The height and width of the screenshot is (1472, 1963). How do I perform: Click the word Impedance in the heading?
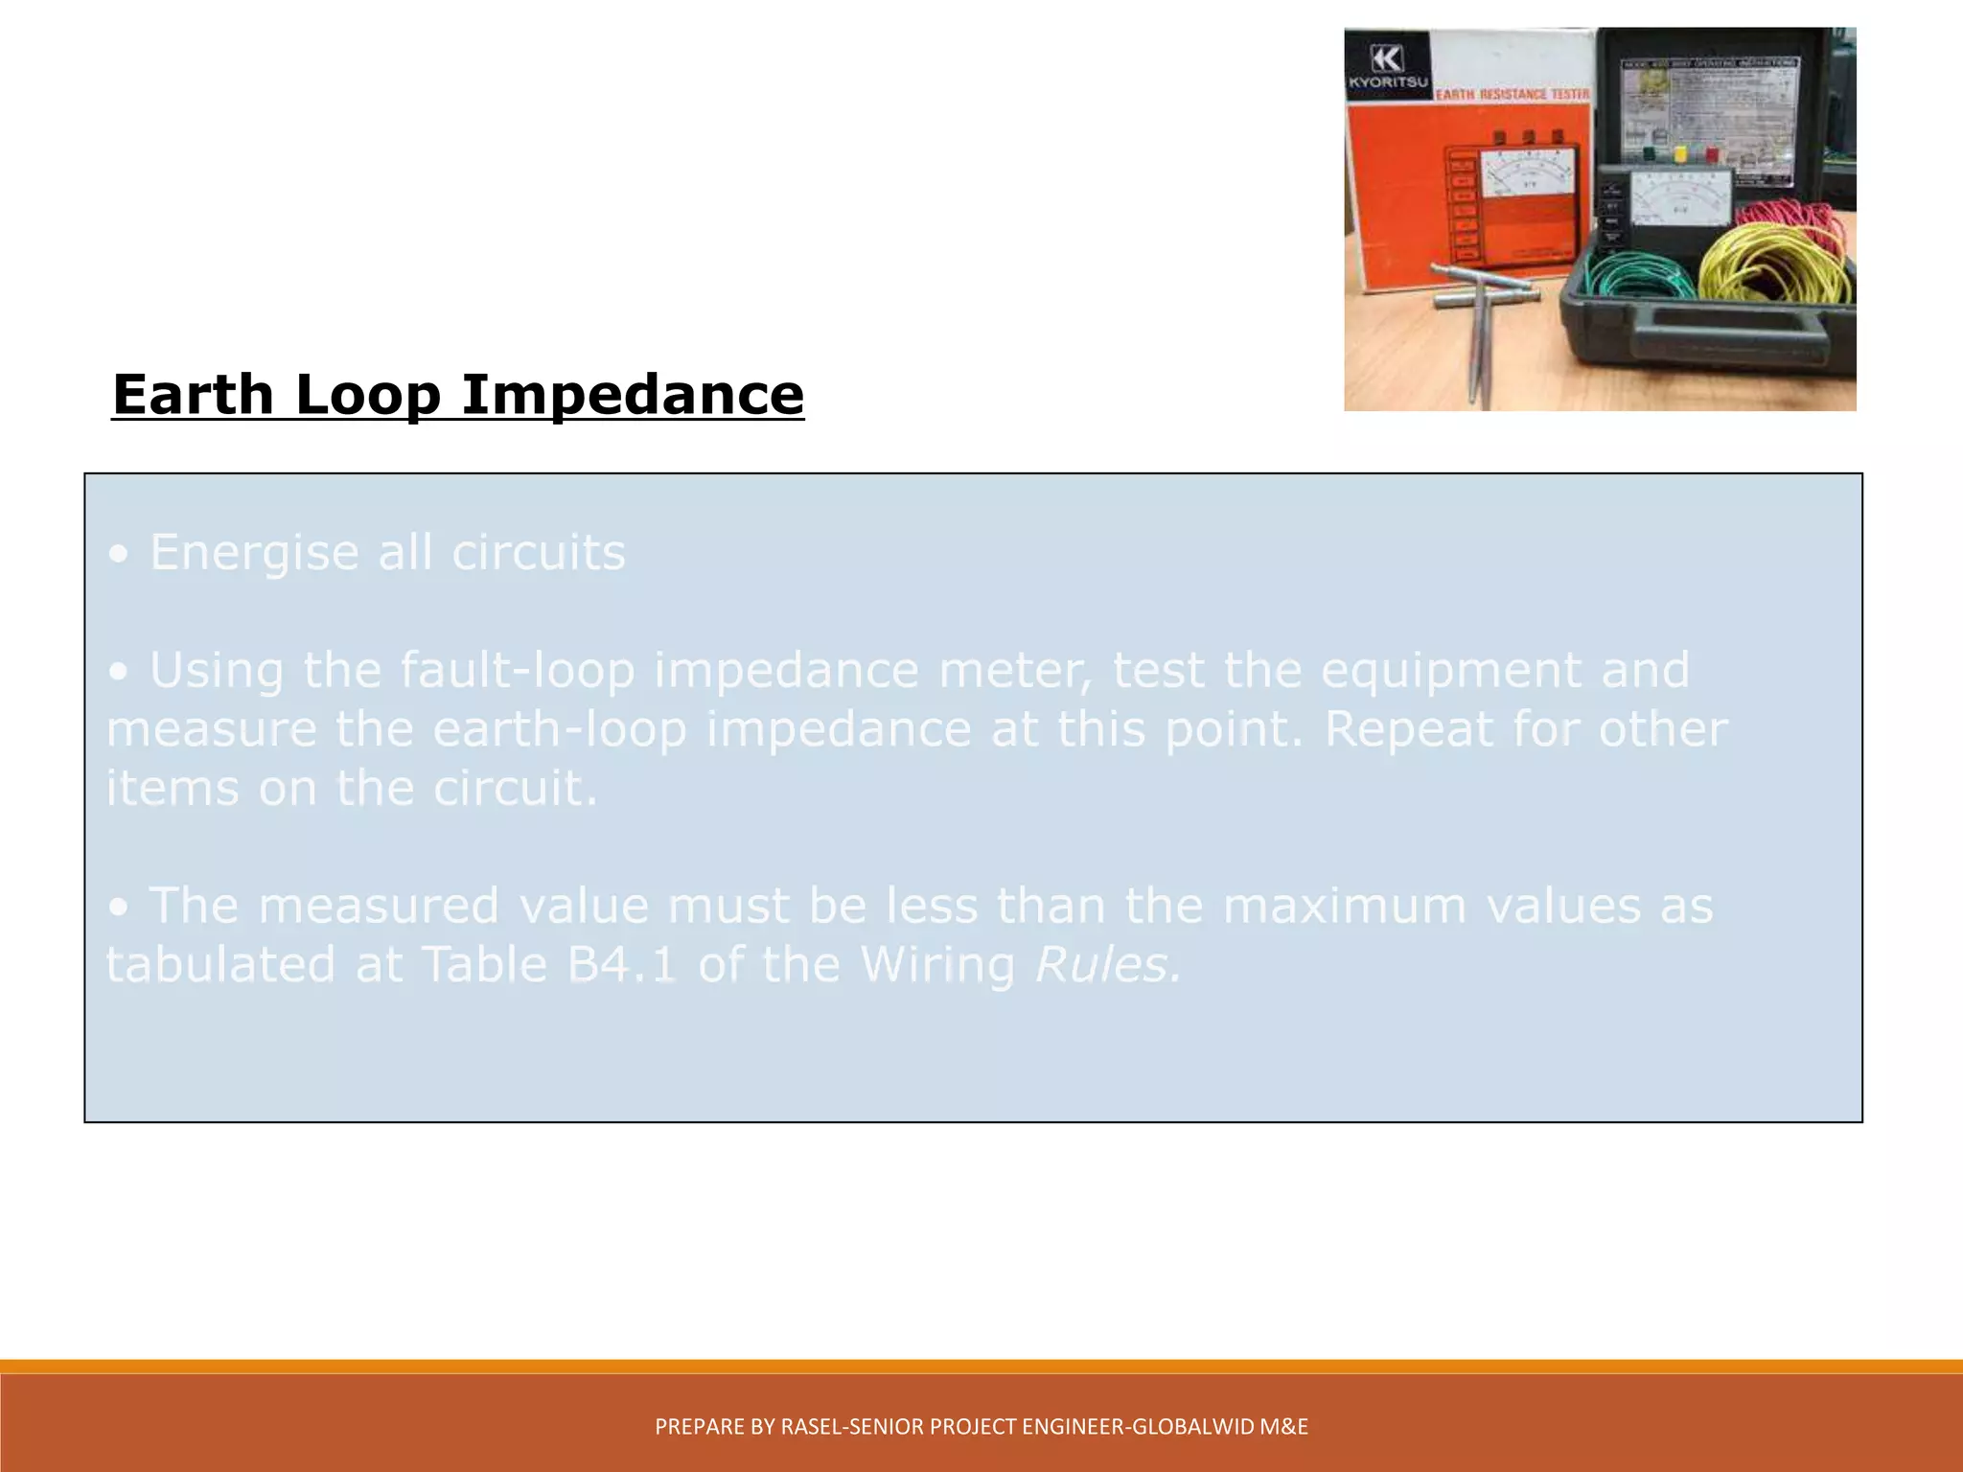633,395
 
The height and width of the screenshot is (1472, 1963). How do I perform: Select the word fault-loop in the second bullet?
518,669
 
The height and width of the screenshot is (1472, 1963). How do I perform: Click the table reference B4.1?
622,964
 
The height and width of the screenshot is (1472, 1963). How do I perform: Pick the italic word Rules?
1108,964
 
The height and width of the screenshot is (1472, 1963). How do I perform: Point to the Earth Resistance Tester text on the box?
1513,94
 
